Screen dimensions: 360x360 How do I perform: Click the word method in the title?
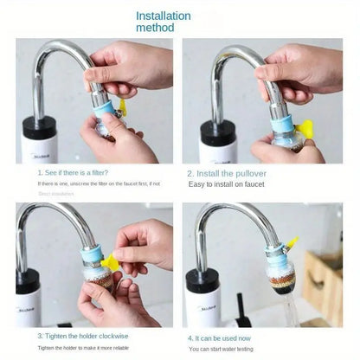179,28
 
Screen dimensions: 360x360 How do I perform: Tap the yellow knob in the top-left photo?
123,108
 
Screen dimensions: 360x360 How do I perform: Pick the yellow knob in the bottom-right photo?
292,244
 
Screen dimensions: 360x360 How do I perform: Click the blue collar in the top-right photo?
282,126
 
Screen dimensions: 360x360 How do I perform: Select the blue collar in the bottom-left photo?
93,254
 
